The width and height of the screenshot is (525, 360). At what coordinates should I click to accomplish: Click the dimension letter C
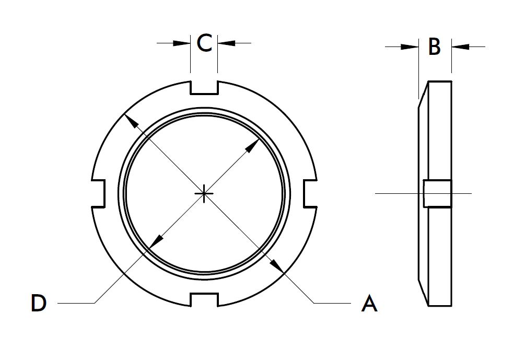tap(204, 43)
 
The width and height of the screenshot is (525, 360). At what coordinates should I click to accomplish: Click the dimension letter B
tap(435, 47)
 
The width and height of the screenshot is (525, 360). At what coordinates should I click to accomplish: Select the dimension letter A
tap(369, 304)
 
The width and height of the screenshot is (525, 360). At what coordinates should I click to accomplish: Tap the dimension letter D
tap(39, 304)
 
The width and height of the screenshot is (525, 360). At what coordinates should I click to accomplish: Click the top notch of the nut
tap(204, 88)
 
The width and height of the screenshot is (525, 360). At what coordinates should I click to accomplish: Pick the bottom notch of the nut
tap(204, 299)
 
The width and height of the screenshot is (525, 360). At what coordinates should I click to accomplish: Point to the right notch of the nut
tap(310, 193)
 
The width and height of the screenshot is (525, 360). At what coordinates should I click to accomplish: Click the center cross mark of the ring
tap(204, 193)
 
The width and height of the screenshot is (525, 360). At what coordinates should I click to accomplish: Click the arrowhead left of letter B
tap(411, 47)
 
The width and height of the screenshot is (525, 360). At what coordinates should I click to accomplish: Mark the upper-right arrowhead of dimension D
tap(253, 145)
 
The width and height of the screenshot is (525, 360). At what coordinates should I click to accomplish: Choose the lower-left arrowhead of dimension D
tap(155, 241)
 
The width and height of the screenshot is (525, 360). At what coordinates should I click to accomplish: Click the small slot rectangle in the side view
tap(437, 193)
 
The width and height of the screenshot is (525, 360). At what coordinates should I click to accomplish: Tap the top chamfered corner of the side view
tap(422, 97)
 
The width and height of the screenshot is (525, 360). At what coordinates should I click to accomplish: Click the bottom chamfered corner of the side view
tap(422, 291)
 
